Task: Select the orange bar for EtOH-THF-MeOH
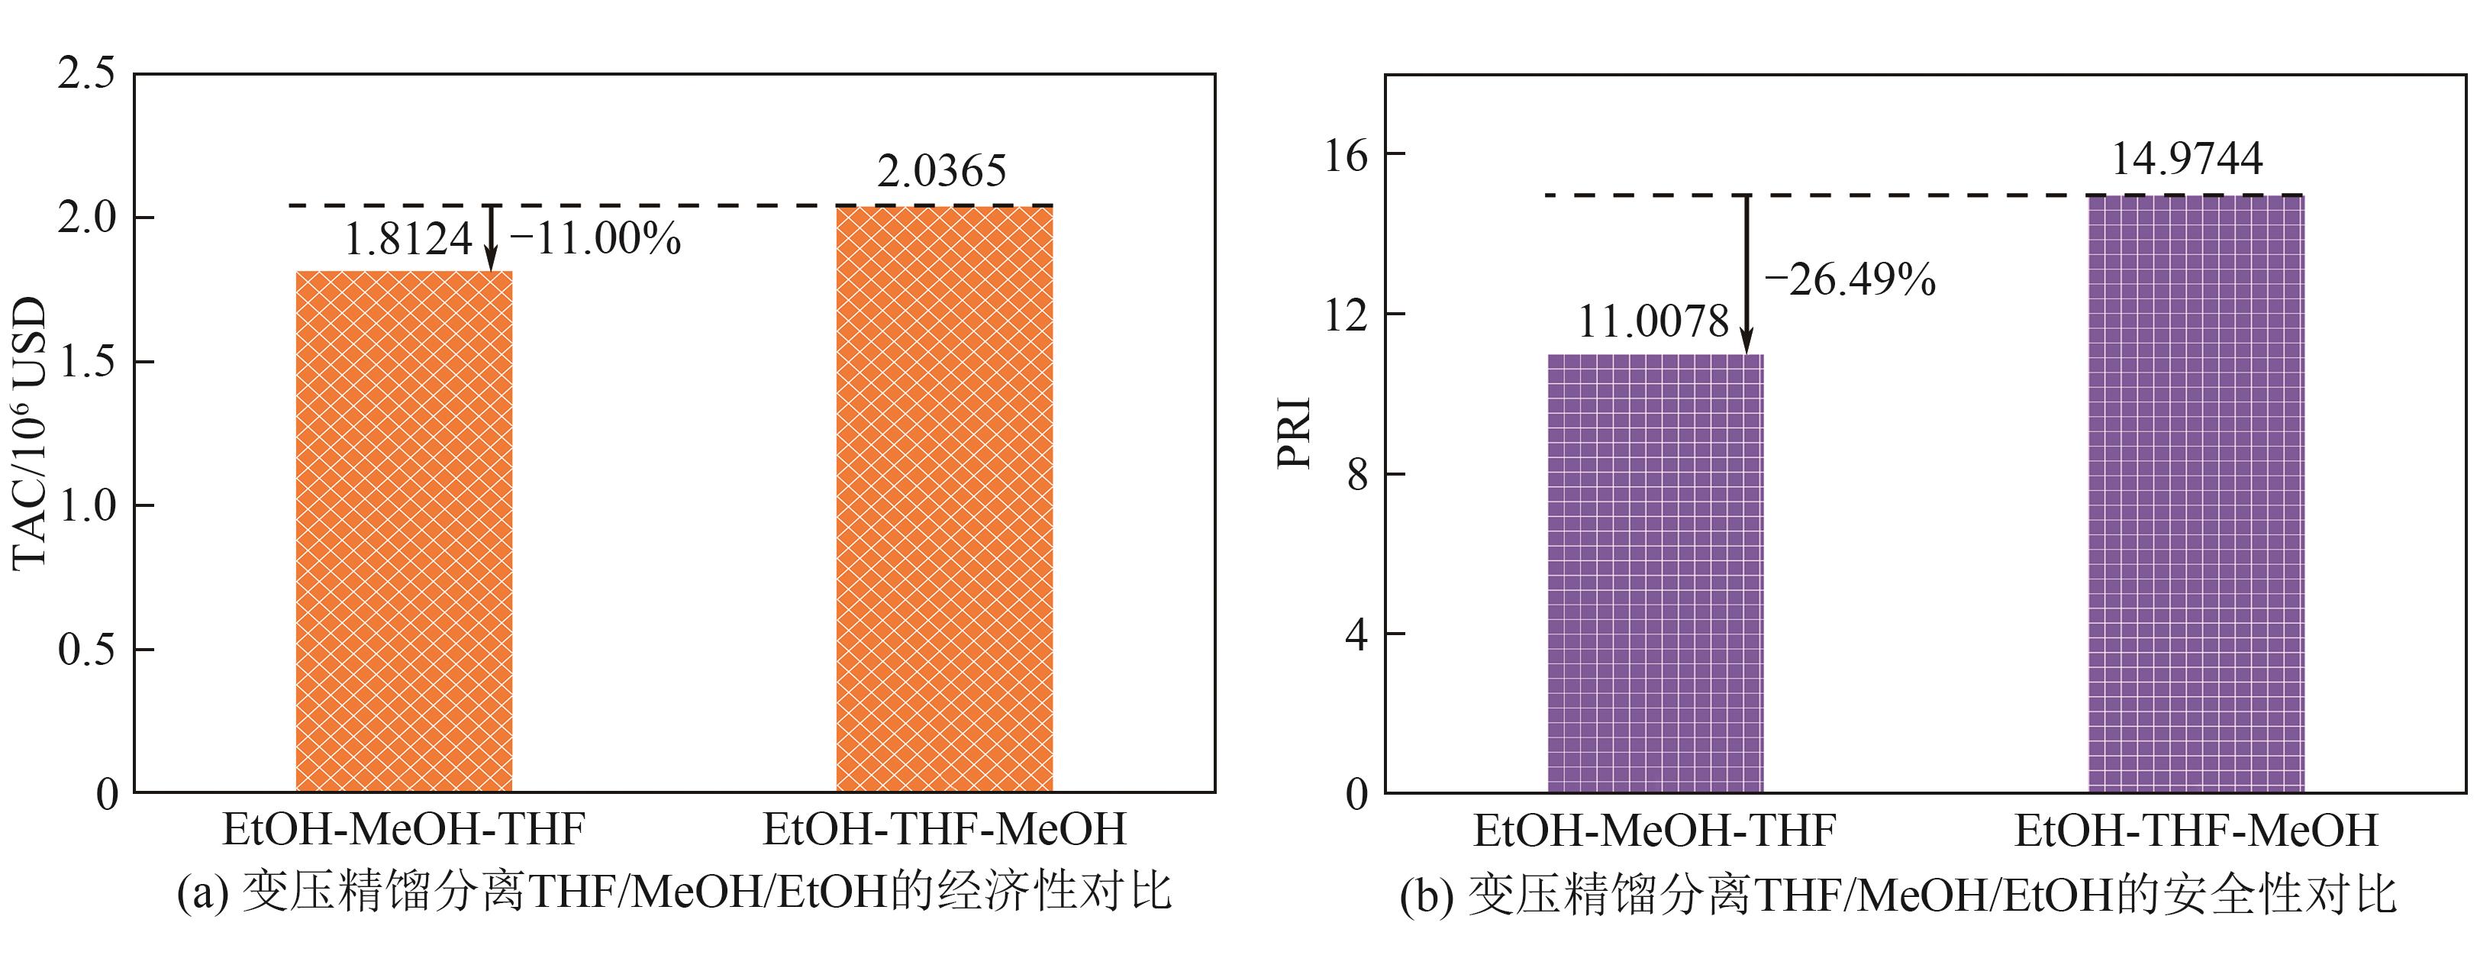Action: [944, 498]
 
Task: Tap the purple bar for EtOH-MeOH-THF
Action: [1655, 573]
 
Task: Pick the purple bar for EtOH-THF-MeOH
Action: [2196, 493]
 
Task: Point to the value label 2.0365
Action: [941, 171]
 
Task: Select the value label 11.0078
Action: [1653, 321]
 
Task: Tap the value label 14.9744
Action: [2187, 159]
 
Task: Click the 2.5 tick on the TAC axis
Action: [85, 73]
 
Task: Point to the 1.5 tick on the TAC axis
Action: [85, 362]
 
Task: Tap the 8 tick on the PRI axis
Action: [1356, 474]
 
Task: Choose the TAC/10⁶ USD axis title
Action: [31, 433]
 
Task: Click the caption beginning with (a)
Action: [674, 892]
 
